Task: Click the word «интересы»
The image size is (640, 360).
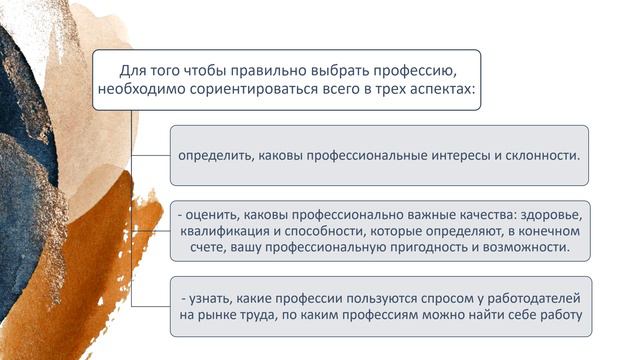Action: (447, 156)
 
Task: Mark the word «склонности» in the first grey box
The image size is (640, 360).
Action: (540, 156)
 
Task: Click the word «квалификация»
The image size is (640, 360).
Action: (224, 230)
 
